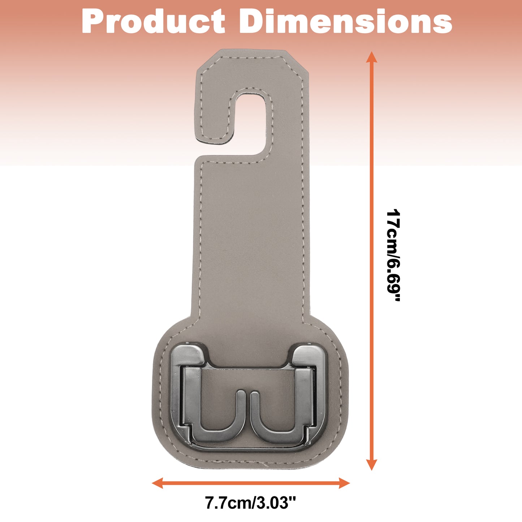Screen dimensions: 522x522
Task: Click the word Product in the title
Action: pos(153,21)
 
